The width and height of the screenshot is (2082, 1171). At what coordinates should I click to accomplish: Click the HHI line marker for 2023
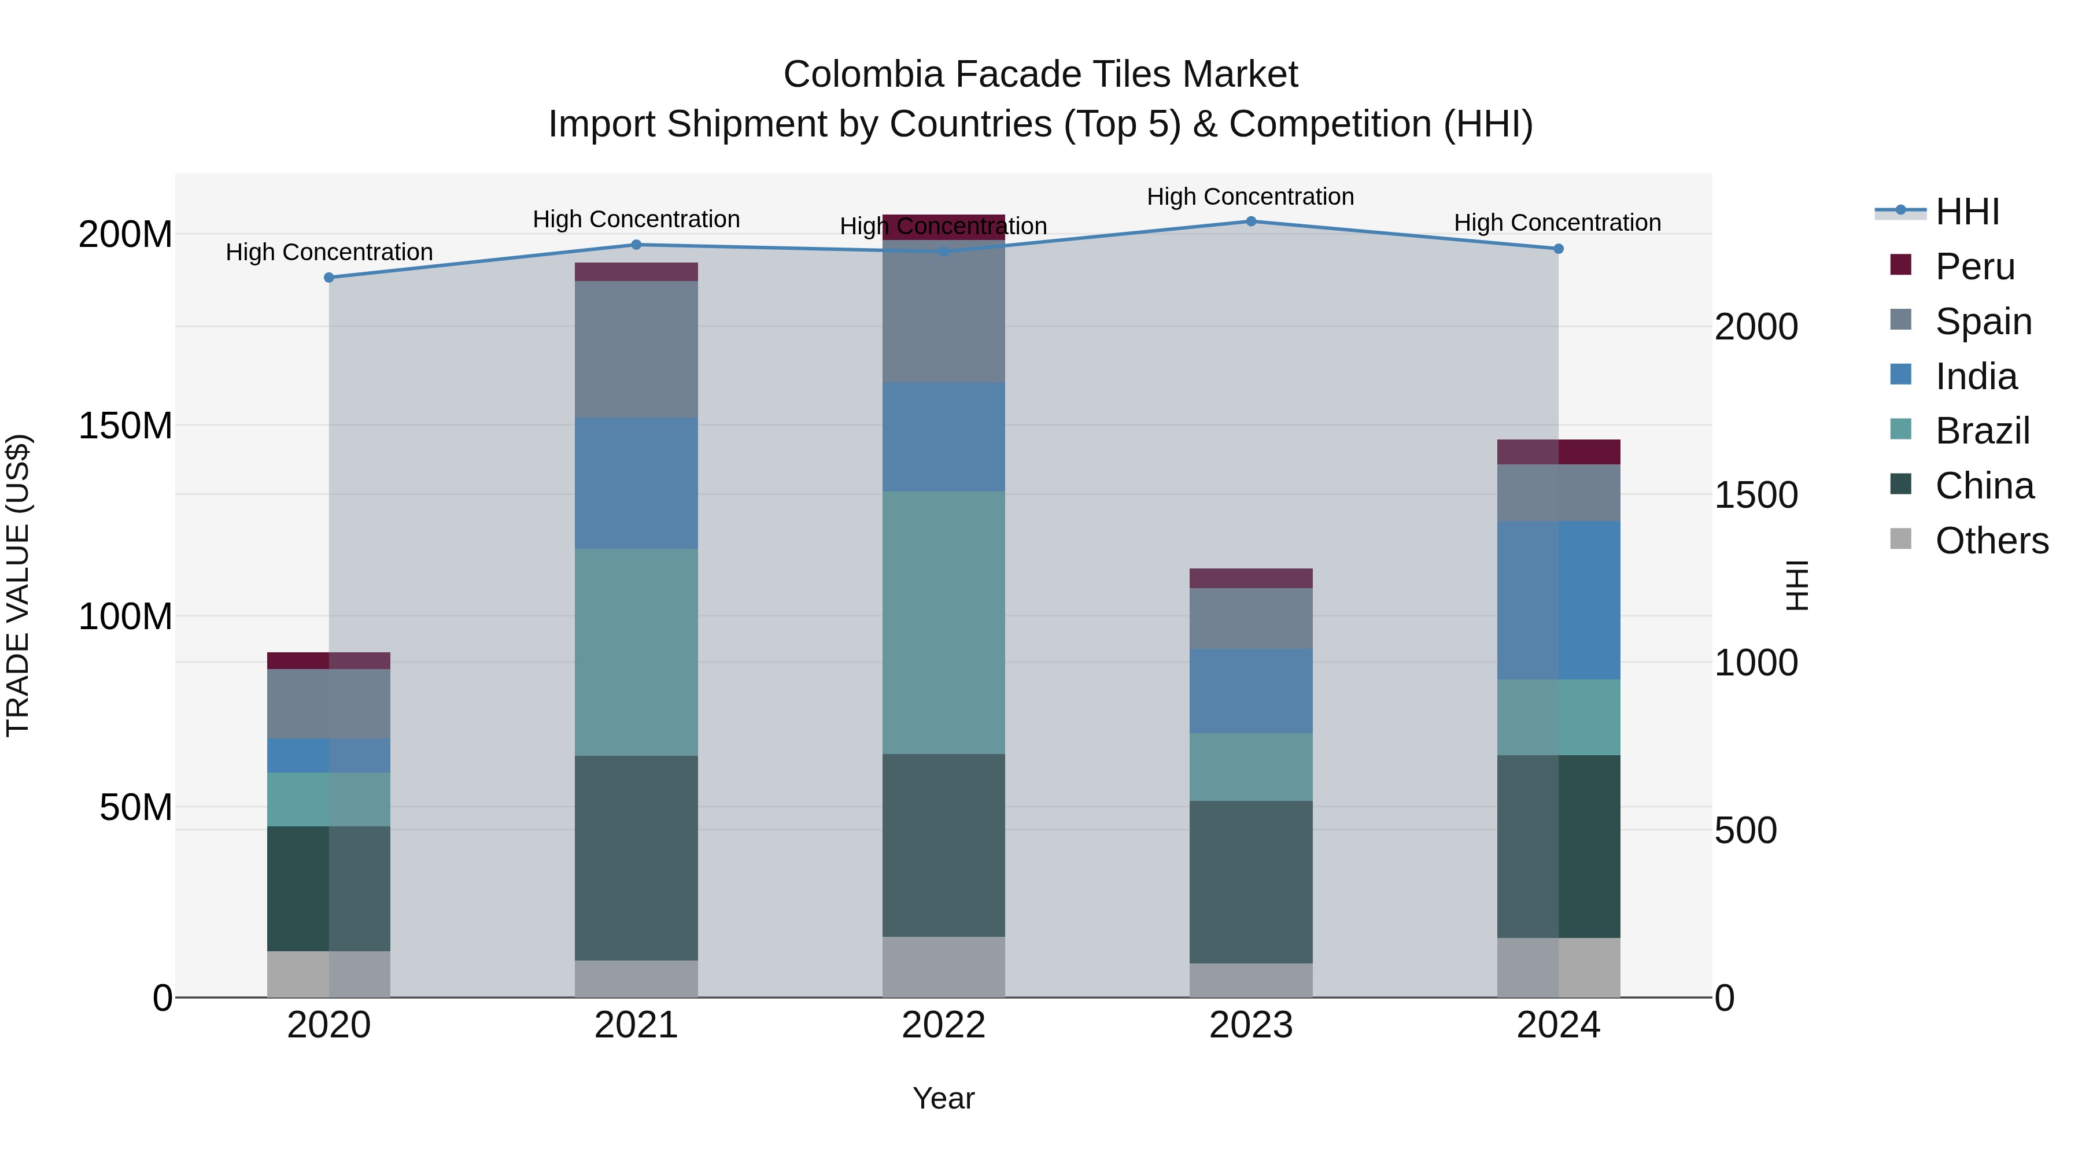pos(1250,221)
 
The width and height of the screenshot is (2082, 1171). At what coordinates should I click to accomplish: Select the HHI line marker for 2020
pos(329,278)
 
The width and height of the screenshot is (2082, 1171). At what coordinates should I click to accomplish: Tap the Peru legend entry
pos(1974,267)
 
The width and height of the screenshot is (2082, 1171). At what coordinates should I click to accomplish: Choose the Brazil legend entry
pos(1982,431)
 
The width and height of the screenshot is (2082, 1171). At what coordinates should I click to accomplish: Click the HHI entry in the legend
pos(1966,212)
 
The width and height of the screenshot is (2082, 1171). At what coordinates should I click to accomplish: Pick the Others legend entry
pos(1991,541)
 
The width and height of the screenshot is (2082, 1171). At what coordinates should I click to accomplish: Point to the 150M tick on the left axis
pos(125,426)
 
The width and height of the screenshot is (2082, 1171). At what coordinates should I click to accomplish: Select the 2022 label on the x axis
pos(943,1025)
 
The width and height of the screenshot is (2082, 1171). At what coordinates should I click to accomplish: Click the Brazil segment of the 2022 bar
pos(943,622)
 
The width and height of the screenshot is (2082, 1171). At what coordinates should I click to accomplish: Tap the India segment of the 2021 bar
pos(636,483)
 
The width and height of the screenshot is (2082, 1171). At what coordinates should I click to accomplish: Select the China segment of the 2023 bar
pos(1250,882)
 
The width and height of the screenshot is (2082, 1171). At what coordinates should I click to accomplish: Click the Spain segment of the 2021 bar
pos(636,349)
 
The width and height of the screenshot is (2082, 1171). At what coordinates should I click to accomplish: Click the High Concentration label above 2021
pos(636,219)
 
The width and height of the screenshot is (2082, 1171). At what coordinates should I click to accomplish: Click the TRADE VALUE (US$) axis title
pos(18,585)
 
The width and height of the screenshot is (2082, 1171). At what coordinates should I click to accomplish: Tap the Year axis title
pos(943,1098)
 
